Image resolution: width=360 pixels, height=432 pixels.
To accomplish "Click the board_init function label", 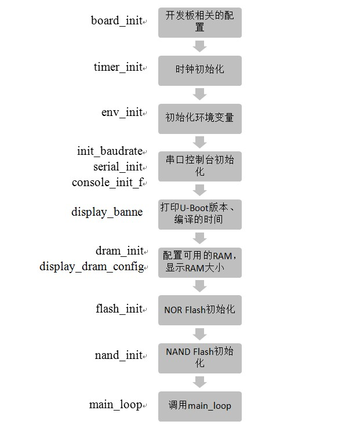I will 117,21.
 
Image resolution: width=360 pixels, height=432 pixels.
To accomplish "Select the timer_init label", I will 118,67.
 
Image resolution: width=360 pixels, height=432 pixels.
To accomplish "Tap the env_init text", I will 122,112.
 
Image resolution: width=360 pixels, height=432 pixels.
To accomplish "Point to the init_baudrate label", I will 110,151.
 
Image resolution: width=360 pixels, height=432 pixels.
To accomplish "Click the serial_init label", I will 118,167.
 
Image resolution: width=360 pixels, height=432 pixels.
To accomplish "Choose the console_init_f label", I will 107,183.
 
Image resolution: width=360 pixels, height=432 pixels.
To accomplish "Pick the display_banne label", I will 107,212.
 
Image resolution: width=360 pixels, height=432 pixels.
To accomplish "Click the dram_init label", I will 119,251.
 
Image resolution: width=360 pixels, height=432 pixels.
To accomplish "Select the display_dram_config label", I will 92,267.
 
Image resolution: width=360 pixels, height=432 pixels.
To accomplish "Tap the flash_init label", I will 119,309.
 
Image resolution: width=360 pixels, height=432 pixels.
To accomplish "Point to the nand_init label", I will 119,355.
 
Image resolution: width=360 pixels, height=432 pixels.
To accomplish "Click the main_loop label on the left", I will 115,405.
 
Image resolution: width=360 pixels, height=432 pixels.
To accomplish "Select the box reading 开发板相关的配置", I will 200,23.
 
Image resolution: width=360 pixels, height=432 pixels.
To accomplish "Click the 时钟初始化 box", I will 200,70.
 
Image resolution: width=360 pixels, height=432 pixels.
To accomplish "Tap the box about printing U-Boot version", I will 200,214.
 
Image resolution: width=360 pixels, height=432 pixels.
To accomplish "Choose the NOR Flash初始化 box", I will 200,310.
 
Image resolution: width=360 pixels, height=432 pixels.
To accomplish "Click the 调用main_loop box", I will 200,406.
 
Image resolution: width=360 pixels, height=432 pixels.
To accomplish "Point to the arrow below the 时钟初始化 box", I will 200,94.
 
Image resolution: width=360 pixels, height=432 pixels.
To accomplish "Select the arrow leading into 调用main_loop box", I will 200,382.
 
